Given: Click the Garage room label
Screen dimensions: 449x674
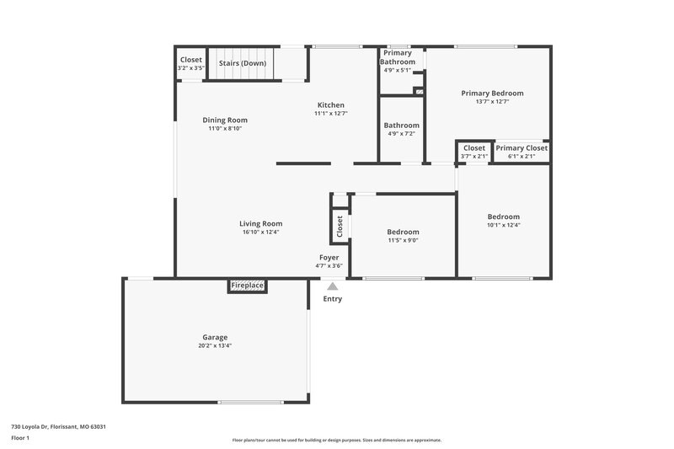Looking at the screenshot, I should (x=215, y=337).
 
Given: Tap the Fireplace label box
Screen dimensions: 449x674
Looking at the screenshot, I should (x=248, y=286).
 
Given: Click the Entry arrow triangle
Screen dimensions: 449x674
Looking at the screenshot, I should (x=333, y=287).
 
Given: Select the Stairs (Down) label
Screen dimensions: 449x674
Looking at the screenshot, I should (x=243, y=63).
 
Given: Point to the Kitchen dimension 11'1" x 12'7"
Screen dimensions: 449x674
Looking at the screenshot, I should (x=330, y=113).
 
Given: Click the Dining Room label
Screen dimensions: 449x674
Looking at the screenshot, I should (x=225, y=120).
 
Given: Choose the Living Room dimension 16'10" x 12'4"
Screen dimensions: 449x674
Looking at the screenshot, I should (x=260, y=232).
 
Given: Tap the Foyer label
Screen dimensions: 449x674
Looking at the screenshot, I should (x=329, y=257).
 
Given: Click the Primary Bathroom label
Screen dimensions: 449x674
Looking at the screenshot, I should (x=397, y=57).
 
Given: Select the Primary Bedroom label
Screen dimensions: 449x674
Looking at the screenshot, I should (x=492, y=94).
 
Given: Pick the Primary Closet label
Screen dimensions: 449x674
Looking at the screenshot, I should (x=522, y=148).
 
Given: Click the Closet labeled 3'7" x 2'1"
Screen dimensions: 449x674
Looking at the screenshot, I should (x=474, y=148).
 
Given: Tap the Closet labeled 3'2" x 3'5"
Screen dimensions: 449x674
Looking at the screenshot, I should (x=191, y=60).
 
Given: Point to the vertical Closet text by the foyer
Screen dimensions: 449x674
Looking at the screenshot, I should (x=340, y=225).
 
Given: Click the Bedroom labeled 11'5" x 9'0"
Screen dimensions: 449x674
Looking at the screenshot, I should (x=403, y=232).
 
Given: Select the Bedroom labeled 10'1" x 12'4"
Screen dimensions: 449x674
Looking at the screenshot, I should (x=503, y=216).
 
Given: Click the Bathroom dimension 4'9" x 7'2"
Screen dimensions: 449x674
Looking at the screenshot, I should (x=401, y=134).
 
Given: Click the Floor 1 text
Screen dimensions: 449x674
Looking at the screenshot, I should (x=20, y=439).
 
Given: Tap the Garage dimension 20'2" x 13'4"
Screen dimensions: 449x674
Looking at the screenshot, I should (x=215, y=345).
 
